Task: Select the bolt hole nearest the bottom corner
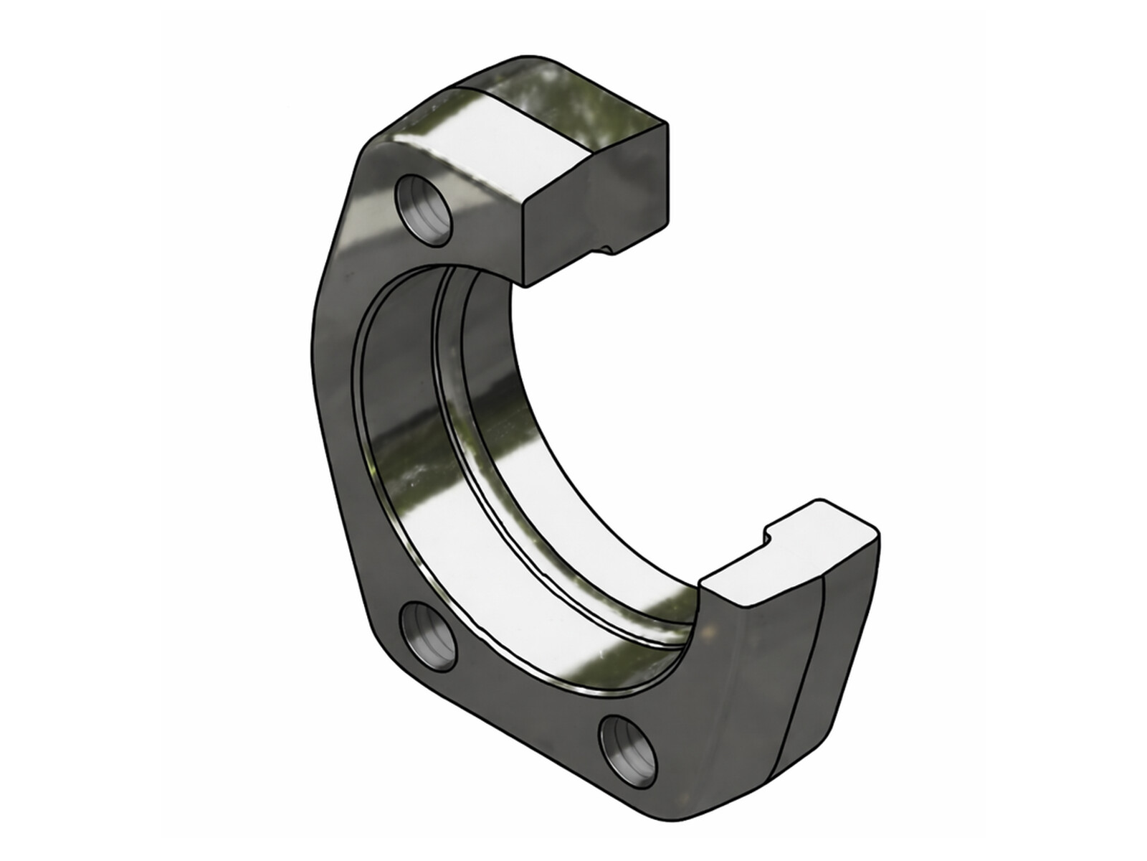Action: click(627, 749)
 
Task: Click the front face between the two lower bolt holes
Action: click(516, 689)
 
